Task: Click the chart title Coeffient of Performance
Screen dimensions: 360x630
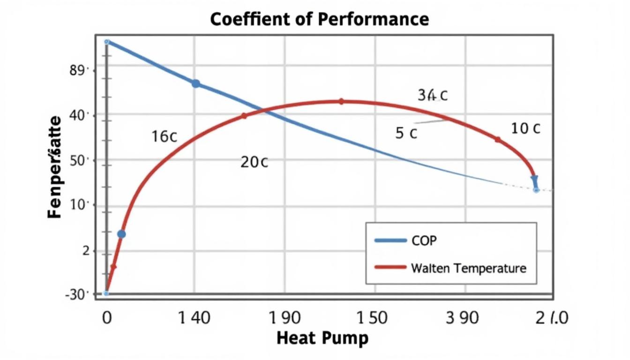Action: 319,19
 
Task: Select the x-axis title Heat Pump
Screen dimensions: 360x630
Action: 322,338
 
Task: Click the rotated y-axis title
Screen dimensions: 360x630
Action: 55,166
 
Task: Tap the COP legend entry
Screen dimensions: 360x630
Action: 424,240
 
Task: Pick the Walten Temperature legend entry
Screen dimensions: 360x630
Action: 468,268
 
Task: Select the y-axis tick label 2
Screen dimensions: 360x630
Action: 85,251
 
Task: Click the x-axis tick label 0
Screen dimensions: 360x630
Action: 106,318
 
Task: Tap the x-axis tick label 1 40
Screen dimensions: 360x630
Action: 195,318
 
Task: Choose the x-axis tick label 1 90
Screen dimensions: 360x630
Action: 285,318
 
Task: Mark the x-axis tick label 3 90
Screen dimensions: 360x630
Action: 462,318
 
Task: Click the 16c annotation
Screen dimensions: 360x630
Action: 164,136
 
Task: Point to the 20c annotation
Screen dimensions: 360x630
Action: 254,162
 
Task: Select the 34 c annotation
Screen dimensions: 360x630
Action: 432,95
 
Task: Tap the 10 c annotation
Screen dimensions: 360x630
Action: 525,128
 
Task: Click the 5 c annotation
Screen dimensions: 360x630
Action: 406,133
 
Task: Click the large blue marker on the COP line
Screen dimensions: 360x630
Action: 196,83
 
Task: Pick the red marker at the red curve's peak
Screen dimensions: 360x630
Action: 341,101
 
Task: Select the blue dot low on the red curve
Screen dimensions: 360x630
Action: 121,234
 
